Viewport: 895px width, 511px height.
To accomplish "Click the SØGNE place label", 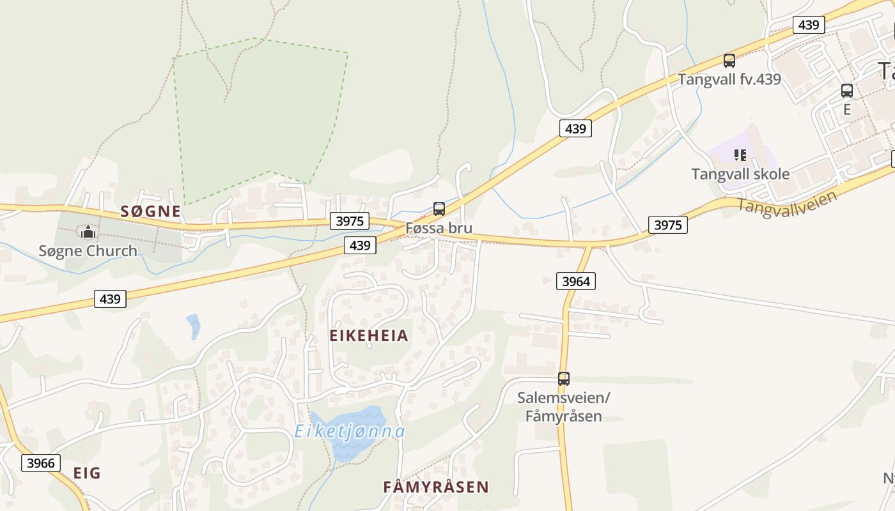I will pyautogui.click(x=151, y=211).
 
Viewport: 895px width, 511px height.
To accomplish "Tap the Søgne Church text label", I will pyautogui.click(x=88, y=251).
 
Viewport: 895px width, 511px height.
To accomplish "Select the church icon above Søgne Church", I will pyautogui.click(x=88, y=232).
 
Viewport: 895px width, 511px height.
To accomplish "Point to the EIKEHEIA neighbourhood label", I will pyautogui.click(x=369, y=336).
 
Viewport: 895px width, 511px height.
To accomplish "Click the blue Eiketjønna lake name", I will pyautogui.click(x=350, y=432).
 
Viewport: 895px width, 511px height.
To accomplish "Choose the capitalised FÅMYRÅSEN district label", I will pyautogui.click(x=435, y=487).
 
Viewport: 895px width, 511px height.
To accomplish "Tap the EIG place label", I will pyautogui.click(x=87, y=473).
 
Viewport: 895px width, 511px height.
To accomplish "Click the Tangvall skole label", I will pyautogui.click(x=740, y=174).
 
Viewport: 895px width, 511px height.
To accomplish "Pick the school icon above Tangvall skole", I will pyautogui.click(x=740, y=155).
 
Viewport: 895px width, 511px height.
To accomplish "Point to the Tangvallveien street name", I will pyautogui.click(x=787, y=204).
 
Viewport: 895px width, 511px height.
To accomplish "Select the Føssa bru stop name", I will pyautogui.click(x=439, y=228).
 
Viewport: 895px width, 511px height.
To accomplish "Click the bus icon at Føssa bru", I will pyautogui.click(x=439, y=208).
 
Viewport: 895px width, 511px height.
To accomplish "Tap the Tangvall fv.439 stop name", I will pyautogui.click(x=729, y=79).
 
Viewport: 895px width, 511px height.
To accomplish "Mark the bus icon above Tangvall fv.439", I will pyautogui.click(x=729, y=61).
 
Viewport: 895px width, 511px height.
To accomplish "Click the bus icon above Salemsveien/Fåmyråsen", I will pyautogui.click(x=563, y=378).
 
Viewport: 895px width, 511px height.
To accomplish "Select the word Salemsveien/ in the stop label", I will pyautogui.click(x=563, y=398).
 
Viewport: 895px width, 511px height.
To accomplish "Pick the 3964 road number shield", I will pyautogui.click(x=576, y=280).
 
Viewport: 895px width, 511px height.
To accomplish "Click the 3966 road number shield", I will pyautogui.click(x=42, y=463).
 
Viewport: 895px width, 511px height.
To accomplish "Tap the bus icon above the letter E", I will pyautogui.click(x=847, y=91).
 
